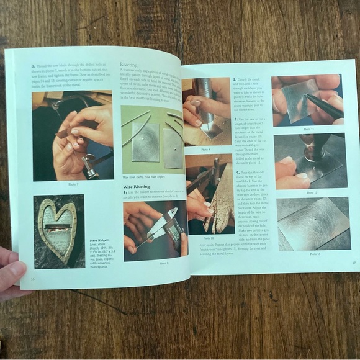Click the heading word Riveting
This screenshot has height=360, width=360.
pos(128,64)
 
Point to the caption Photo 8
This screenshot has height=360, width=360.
pos(163,263)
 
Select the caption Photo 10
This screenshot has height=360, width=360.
pos(207,238)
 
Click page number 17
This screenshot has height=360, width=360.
pos(353,263)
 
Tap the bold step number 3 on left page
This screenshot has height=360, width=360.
pos(32,65)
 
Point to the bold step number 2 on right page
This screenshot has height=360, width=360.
pos(235,79)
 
